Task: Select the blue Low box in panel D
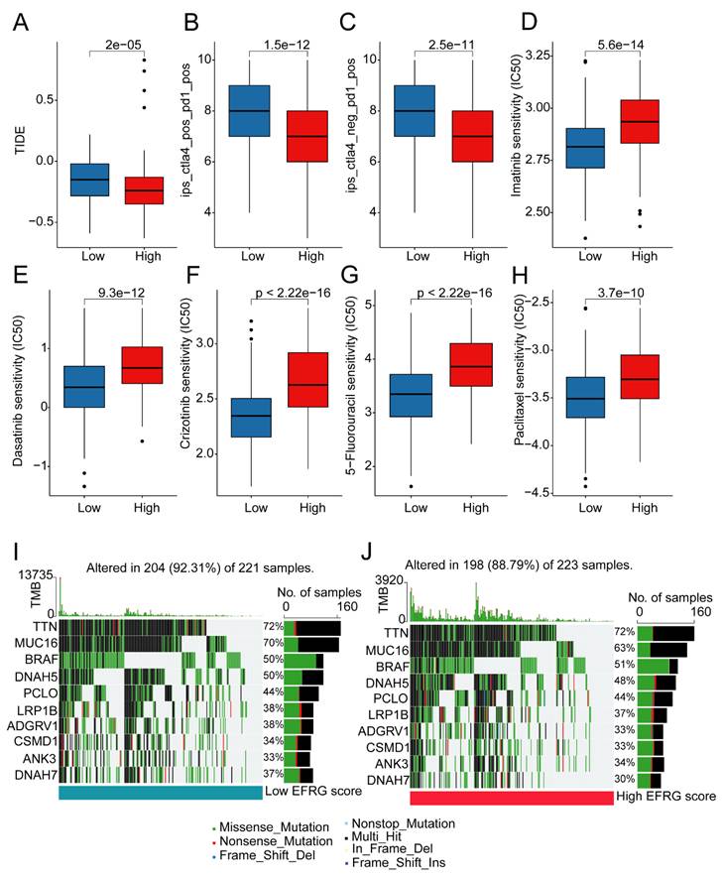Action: tap(585, 149)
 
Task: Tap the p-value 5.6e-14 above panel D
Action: tap(620, 45)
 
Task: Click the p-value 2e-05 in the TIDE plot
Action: tap(123, 45)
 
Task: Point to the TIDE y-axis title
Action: tap(20, 140)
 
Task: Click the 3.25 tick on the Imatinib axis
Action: tap(538, 55)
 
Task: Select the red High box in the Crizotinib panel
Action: tap(307, 380)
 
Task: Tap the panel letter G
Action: tap(349, 276)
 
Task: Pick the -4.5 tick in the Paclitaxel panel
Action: tap(538, 493)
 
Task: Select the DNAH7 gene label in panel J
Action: tap(388, 780)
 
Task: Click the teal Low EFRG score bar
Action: tap(160, 793)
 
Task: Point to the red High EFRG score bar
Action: tap(512, 798)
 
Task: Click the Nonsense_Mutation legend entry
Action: tap(273, 841)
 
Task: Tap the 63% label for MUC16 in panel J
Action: tap(624, 648)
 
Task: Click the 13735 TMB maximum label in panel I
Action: tap(35, 575)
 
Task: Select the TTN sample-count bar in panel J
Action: tap(665, 634)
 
